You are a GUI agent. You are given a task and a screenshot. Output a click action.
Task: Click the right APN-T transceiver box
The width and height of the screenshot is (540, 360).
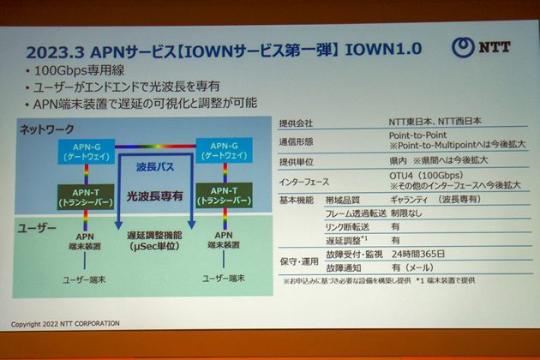point(219,195)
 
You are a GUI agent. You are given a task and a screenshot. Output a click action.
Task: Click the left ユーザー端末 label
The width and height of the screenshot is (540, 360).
point(86,279)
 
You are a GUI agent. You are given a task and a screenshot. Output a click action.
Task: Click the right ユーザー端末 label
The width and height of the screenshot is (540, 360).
point(222,279)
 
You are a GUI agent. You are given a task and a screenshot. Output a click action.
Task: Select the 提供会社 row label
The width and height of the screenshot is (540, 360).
point(298,123)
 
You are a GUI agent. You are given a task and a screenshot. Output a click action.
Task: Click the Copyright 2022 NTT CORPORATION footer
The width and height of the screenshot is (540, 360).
point(67,324)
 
